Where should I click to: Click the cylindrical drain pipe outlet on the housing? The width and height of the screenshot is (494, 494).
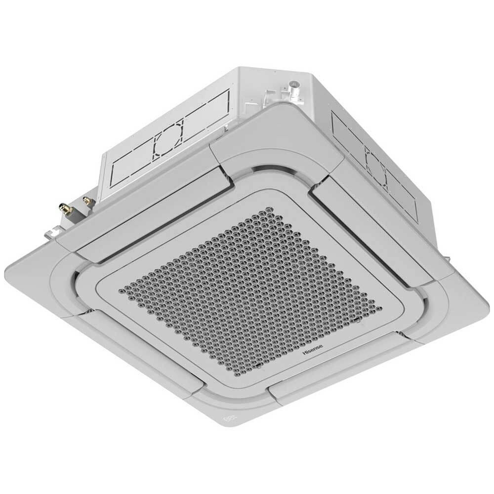pyautogui.click(x=295, y=87)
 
